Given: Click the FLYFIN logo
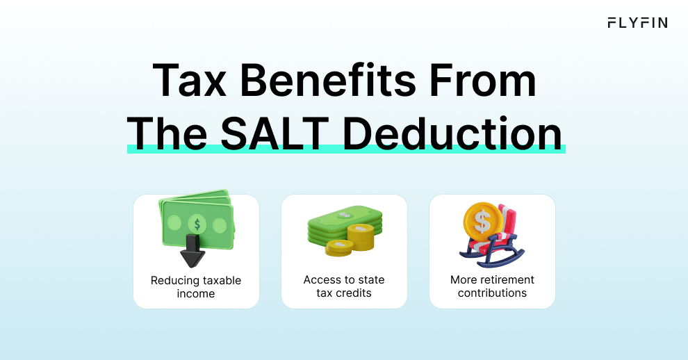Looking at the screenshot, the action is click(637, 23).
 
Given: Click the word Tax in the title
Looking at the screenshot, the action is click(189, 81).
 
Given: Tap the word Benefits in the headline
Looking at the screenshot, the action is click(327, 80).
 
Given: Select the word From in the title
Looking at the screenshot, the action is click(482, 81).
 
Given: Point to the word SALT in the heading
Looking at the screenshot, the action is click(275, 133).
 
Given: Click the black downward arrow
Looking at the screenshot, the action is click(193, 251).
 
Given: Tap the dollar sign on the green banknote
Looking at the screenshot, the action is click(197, 224).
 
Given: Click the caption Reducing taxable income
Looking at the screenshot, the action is click(196, 287).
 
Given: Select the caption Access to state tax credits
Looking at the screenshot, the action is click(344, 286).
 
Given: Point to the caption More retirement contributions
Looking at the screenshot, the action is click(492, 286).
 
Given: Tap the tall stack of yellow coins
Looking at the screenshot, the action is click(361, 237).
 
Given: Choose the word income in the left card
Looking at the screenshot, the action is click(196, 294).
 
